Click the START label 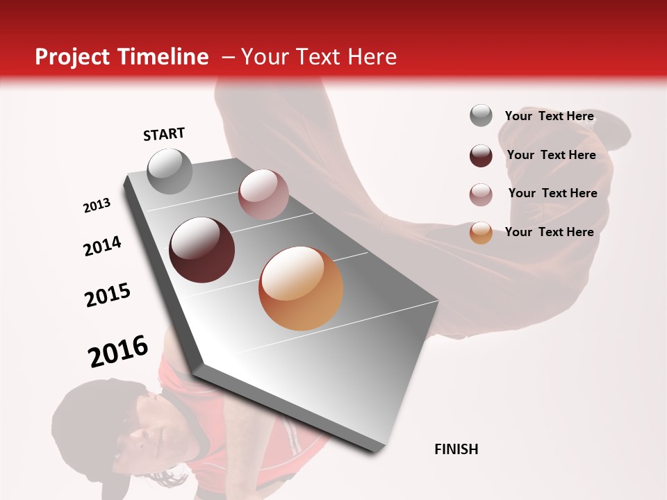tap(164, 134)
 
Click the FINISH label tap(456, 449)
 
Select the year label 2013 tap(97, 206)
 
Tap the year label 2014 tap(103, 246)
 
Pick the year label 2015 tap(108, 295)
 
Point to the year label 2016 tap(118, 351)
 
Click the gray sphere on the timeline tap(170, 171)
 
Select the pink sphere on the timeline tap(263, 194)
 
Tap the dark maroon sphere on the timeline tap(202, 250)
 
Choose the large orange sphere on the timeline tap(301, 288)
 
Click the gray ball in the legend tap(481, 115)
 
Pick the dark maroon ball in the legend tap(481, 156)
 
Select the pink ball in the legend tap(481, 194)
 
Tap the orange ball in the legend tap(481, 233)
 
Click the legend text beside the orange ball tap(550, 232)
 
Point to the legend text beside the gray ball tap(550, 116)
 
